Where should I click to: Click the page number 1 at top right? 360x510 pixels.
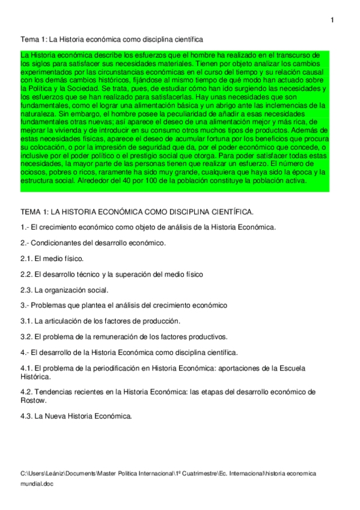click(332, 21)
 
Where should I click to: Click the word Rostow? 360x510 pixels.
click(34, 400)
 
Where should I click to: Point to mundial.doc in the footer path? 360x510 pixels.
click(37, 484)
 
